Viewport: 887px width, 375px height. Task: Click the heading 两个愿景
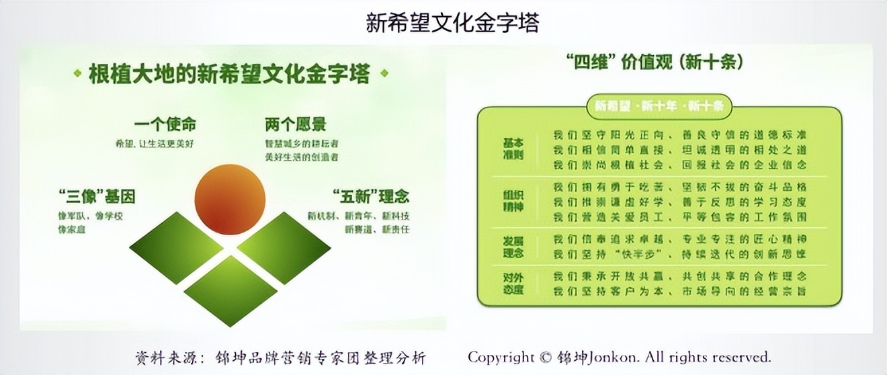click(295, 125)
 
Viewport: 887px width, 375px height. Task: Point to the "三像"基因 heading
click(97, 197)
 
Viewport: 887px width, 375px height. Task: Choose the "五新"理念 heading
click(370, 197)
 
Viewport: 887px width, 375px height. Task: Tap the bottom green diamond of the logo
click(230, 290)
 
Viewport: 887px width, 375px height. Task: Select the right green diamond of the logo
click(284, 247)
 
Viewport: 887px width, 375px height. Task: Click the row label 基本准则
click(513, 149)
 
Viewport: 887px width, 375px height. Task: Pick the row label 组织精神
click(513, 199)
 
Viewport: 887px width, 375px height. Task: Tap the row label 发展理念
click(513, 246)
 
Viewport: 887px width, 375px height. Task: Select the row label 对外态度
click(513, 283)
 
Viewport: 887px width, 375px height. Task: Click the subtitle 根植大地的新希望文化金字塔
click(229, 73)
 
